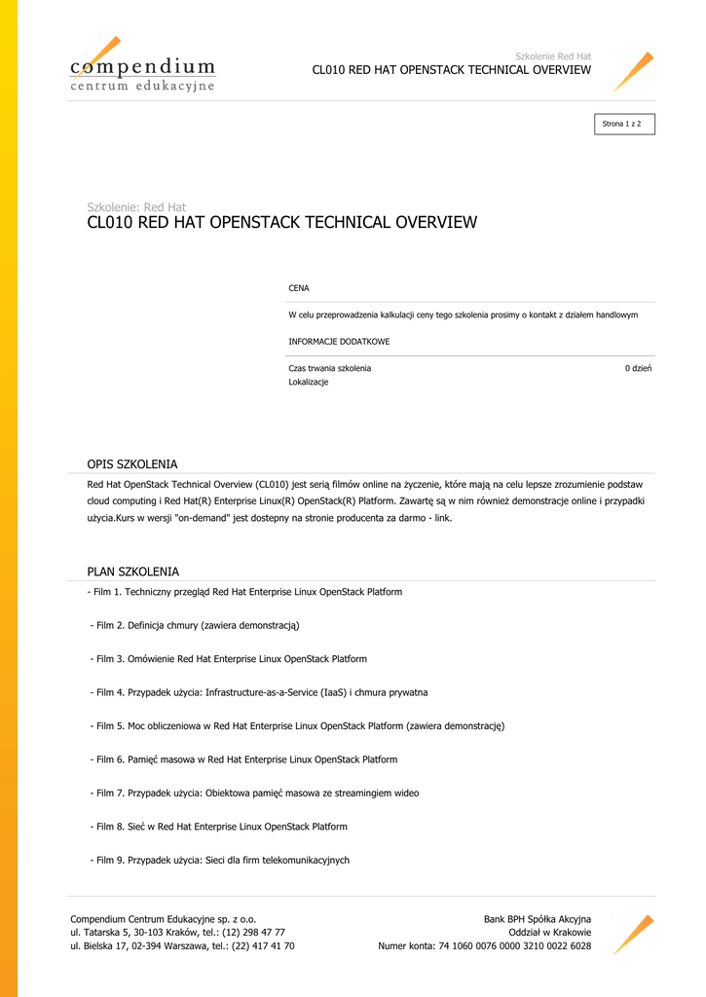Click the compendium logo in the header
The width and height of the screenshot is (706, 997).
coord(142,66)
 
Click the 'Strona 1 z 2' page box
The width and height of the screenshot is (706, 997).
coord(624,124)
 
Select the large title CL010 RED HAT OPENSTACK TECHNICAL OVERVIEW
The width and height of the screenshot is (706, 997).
coord(282,223)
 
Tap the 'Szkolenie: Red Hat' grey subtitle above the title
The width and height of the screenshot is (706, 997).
coord(136,206)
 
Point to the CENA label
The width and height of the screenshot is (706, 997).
coord(299,289)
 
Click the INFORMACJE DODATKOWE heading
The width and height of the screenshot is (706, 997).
coord(339,343)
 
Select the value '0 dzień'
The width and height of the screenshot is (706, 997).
coord(638,369)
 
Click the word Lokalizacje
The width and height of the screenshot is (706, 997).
coord(309,383)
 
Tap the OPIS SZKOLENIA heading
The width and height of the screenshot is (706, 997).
coord(132,464)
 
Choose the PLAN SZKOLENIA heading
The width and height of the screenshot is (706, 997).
coord(133,572)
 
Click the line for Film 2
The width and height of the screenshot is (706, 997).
coord(196,625)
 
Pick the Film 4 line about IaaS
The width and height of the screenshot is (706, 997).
coord(259,692)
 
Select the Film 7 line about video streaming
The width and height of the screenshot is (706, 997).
coord(255,794)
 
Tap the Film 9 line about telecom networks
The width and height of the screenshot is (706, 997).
coord(220,861)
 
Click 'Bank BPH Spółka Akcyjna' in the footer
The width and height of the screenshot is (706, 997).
coord(537,919)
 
